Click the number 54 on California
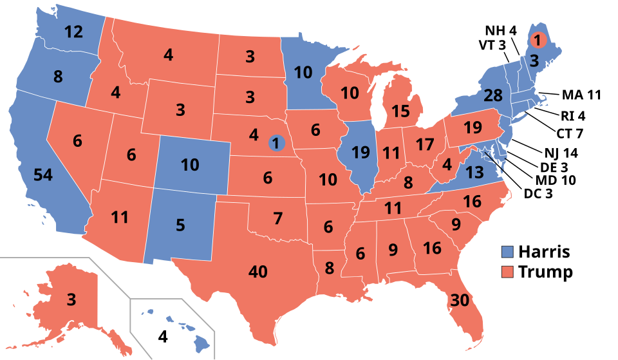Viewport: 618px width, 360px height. pos(42,175)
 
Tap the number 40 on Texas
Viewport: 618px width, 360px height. pos(257,272)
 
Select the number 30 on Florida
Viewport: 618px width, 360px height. pos(460,300)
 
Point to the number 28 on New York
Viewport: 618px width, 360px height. pos(493,96)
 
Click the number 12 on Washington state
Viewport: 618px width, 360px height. pos(74,32)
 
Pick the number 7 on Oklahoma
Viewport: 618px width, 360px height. pos(277,218)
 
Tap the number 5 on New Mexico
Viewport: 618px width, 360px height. pos(180,225)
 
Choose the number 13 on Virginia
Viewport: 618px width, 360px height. pos(474,172)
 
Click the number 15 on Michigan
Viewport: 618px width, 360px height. pos(400,111)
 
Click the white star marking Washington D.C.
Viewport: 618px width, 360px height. pos(485,153)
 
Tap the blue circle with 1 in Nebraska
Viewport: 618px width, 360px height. pos(276,142)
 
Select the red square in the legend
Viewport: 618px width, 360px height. pos(508,271)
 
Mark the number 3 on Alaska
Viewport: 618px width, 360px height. pos(71,299)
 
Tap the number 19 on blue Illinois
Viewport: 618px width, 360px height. pos(361,153)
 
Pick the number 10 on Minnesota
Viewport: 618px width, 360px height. pos(303,73)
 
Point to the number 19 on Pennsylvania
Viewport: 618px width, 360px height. pos(473,128)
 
